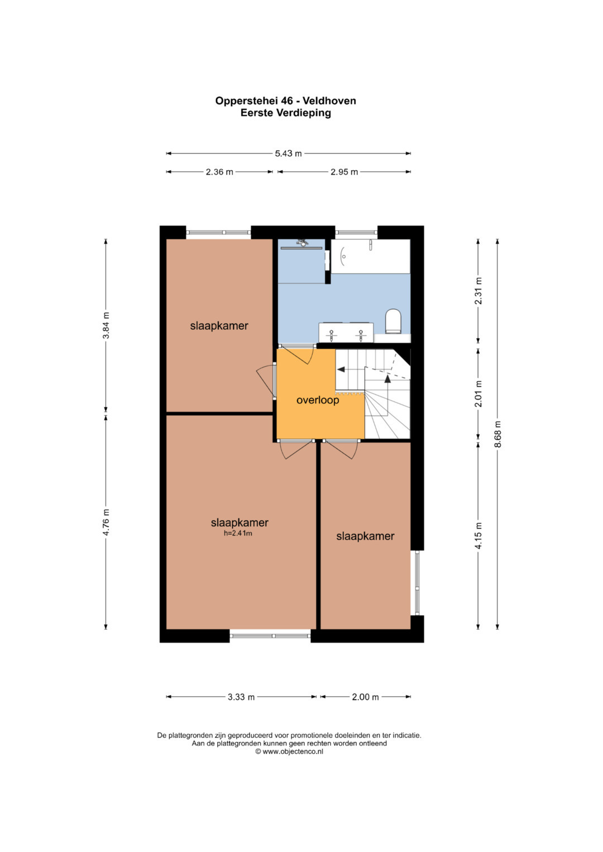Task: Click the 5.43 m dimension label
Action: click(x=288, y=153)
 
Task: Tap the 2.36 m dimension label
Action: click(x=219, y=172)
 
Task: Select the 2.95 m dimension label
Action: click(x=344, y=172)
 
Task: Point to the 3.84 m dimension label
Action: click(x=106, y=325)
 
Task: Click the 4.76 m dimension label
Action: click(x=106, y=522)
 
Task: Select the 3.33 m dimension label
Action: click(x=241, y=697)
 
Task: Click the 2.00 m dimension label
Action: click(x=365, y=697)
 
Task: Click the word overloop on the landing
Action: click(x=318, y=400)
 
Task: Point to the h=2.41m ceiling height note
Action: click(x=238, y=533)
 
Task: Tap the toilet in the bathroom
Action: click(x=393, y=321)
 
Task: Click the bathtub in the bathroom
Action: click(x=370, y=256)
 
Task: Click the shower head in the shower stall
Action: click(x=303, y=242)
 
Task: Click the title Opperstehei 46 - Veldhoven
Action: click(x=285, y=101)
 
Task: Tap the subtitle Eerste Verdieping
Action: click(x=285, y=113)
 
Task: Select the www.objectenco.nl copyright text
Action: click(x=289, y=751)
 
